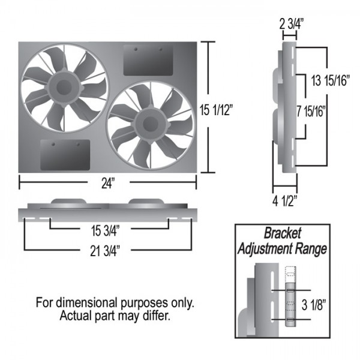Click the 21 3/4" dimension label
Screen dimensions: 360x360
(x=107, y=248)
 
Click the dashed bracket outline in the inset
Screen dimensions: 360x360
(x=291, y=273)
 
